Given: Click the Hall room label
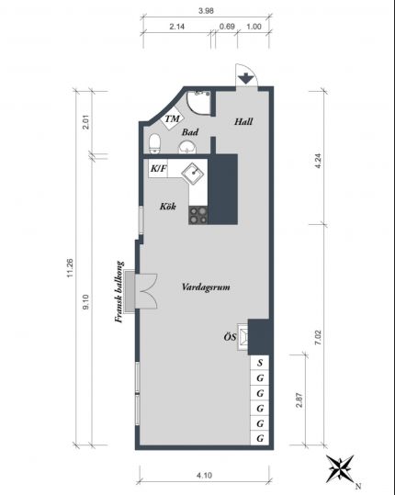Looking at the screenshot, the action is [x=243, y=121].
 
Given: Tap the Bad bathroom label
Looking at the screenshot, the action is [x=190, y=132].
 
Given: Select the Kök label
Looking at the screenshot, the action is [x=168, y=207].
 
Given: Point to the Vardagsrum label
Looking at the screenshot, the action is [x=206, y=287].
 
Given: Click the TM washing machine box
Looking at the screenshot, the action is [x=172, y=118].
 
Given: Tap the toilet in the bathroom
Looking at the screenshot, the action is [x=154, y=143].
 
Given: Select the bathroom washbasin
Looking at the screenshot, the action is [x=187, y=148].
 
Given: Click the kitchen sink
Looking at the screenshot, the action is [x=193, y=174].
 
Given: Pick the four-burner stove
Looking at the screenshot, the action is [x=198, y=215].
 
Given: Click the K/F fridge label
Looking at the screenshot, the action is [x=158, y=168].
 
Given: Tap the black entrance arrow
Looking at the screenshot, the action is [x=246, y=78].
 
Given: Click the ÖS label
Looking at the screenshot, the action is [x=230, y=337].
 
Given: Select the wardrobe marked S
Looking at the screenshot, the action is [x=260, y=362].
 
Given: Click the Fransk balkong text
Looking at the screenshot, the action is [x=119, y=292].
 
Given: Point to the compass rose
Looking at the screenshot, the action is [x=340, y=468].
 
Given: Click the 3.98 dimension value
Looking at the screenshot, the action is [x=206, y=11].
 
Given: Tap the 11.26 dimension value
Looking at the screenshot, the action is [x=70, y=268].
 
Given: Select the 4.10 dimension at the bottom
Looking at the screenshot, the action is [x=204, y=475].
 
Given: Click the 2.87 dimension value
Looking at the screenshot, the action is [x=299, y=400].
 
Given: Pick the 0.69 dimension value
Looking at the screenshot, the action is [x=227, y=27].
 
